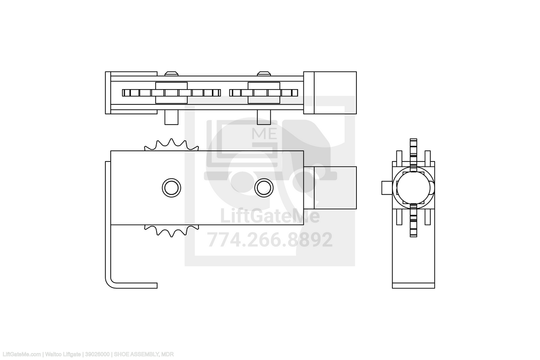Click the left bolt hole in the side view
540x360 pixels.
tap(171, 187)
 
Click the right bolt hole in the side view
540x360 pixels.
tap(263, 187)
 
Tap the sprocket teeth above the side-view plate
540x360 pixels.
tap(171, 145)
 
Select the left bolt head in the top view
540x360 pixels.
tap(171, 73)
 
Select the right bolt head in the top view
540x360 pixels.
tap(264, 73)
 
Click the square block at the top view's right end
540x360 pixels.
tap(330, 92)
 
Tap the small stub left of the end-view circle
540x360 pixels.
tap(387, 188)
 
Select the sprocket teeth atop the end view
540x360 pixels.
tap(414, 153)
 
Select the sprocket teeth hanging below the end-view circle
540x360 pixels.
tap(414, 220)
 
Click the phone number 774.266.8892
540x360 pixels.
tap(270, 240)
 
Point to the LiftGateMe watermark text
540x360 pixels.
tap(270, 217)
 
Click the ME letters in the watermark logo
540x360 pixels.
tap(264, 134)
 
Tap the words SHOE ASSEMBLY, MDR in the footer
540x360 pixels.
tap(144, 355)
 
